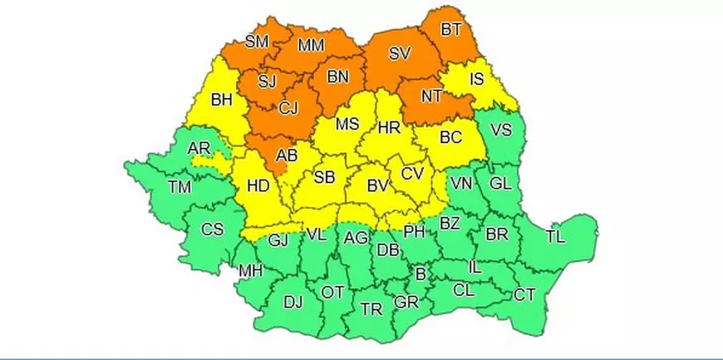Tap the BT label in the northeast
point(451,30)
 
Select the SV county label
point(400,54)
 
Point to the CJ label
point(288,107)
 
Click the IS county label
point(476,80)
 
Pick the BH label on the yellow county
point(222,101)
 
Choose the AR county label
point(199,148)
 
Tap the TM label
point(179,187)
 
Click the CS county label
point(213,229)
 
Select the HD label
point(258,186)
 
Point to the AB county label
point(287,155)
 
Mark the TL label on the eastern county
point(555,237)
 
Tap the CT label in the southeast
point(524,294)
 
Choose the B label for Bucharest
point(421,274)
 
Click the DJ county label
point(293,302)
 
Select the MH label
point(250,271)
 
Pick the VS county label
point(501,131)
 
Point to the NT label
point(431,96)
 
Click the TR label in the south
point(371,309)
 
